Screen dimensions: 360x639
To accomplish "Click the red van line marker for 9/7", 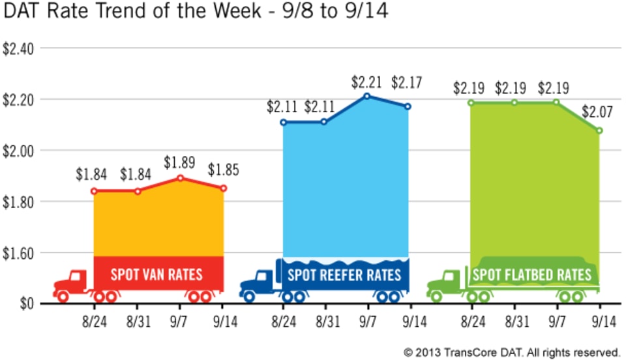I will (180, 177).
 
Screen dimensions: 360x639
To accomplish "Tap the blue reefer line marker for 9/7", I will (367, 96).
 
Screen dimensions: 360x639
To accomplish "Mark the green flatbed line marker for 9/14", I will (599, 130).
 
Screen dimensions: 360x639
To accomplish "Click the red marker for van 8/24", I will (94, 191).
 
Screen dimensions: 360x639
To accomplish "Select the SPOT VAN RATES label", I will (156, 274).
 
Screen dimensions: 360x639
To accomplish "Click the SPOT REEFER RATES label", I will (344, 274).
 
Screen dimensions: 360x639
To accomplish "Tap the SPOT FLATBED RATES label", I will (531, 275).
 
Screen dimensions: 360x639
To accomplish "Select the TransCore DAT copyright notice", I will (511, 352).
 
